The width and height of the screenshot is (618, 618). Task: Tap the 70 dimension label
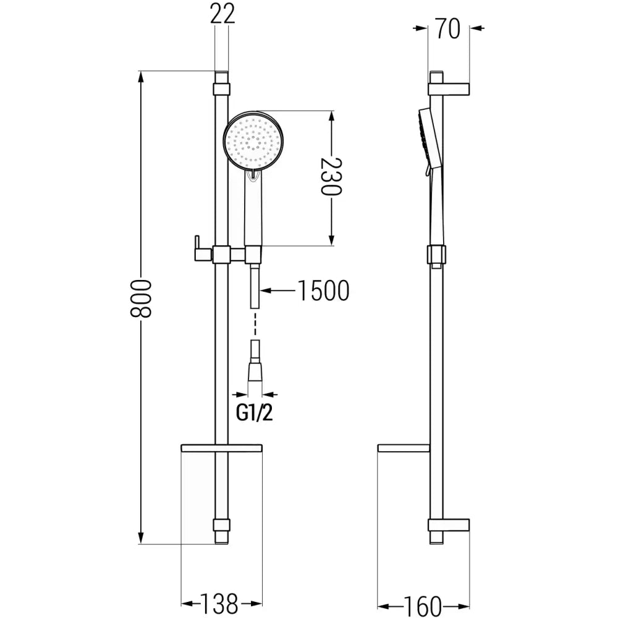click(449, 28)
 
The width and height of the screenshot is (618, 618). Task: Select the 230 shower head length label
click(331, 176)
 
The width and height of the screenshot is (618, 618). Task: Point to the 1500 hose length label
click(323, 291)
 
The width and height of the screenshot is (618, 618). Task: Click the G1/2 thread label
click(254, 413)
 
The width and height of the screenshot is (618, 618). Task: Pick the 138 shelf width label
click(220, 603)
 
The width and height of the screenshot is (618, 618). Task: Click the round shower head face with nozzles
click(252, 141)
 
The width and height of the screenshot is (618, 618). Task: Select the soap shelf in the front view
click(221, 447)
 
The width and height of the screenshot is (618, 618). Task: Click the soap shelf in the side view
click(403, 447)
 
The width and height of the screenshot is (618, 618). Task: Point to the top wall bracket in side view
click(449, 89)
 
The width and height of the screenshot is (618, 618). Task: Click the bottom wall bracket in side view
click(449, 525)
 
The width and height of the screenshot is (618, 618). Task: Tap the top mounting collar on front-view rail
click(221, 89)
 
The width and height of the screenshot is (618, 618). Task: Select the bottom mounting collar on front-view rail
click(221, 525)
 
